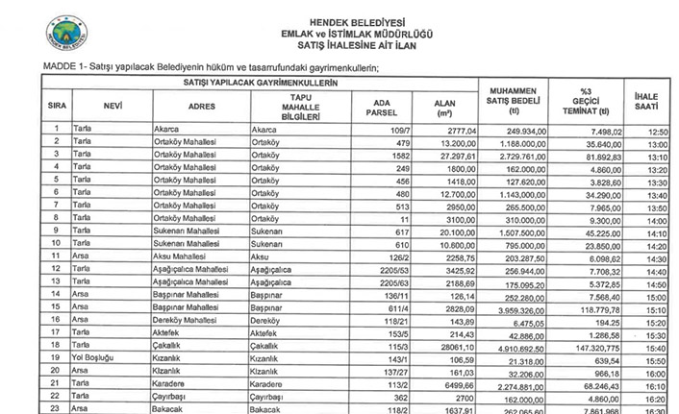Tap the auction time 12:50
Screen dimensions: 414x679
(658, 129)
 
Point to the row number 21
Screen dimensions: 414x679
(57, 381)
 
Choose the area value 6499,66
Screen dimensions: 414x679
(435, 381)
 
